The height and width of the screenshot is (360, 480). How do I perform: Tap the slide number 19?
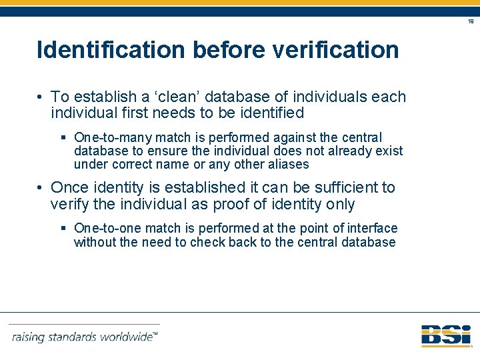click(470, 22)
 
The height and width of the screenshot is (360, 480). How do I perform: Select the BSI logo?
click(445, 335)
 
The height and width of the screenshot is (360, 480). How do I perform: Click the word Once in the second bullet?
click(71, 188)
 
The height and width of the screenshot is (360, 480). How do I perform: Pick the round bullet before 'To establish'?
click(41, 97)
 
